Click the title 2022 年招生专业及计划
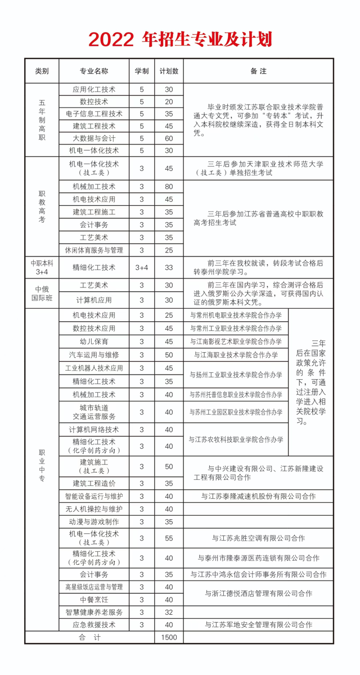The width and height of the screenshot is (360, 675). point(180,39)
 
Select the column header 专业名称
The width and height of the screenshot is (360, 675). point(94,71)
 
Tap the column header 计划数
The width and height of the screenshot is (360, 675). point(169,71)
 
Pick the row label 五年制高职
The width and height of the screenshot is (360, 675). point(42,120)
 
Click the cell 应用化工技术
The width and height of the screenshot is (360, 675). point(94,89)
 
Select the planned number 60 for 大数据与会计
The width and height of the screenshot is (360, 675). point(169,138)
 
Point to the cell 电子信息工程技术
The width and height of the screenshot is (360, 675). point(94,114)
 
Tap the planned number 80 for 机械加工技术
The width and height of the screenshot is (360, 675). point(169,187)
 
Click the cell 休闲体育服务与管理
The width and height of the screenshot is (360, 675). point(94,250)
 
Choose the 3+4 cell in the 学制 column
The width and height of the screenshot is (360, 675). point(142,268)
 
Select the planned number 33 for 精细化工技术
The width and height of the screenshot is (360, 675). point(169,268)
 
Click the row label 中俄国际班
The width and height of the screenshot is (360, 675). point(42,293)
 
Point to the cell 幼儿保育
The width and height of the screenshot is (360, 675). point(94,341)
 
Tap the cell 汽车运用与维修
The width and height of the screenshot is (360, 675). point(94,355)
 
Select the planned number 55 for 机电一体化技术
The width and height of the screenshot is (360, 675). point(169,538)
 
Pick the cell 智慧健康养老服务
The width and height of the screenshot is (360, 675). point(94,611)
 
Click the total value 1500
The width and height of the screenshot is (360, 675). point(169,637)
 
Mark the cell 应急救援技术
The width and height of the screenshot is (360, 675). point(94,624)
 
